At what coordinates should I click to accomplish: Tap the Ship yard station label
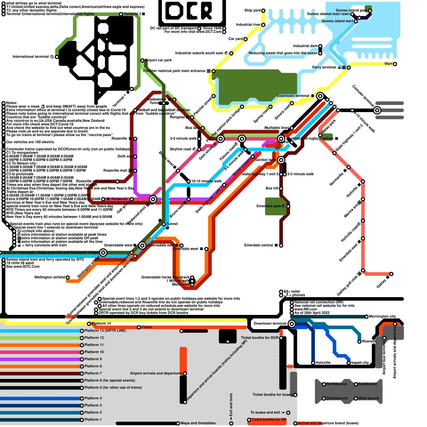click(252, 10)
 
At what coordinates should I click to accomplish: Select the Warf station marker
click(395, 64)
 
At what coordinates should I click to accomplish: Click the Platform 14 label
click(101, 323)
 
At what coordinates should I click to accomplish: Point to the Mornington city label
click(382, 317)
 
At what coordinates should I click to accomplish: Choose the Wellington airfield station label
click(49, 277)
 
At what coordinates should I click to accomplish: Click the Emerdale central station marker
click(281, 246)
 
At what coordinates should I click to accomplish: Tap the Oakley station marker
click(392, 274)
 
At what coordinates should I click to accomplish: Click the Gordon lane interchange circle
click(281, 160)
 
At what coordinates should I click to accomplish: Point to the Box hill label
click(272, 188)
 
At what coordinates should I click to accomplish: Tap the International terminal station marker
click(57, 57)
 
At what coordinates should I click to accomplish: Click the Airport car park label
click(159, 60)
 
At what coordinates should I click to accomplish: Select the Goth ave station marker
click(135, 156)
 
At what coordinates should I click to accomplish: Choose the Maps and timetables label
click(198, 423)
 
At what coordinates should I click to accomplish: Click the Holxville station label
click(323, 363)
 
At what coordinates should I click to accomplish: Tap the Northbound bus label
click(337, 384)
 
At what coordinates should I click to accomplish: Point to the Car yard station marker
click(246, 39)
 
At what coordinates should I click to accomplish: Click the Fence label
click(146, 327)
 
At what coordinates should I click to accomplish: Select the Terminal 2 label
click(132, 14)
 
